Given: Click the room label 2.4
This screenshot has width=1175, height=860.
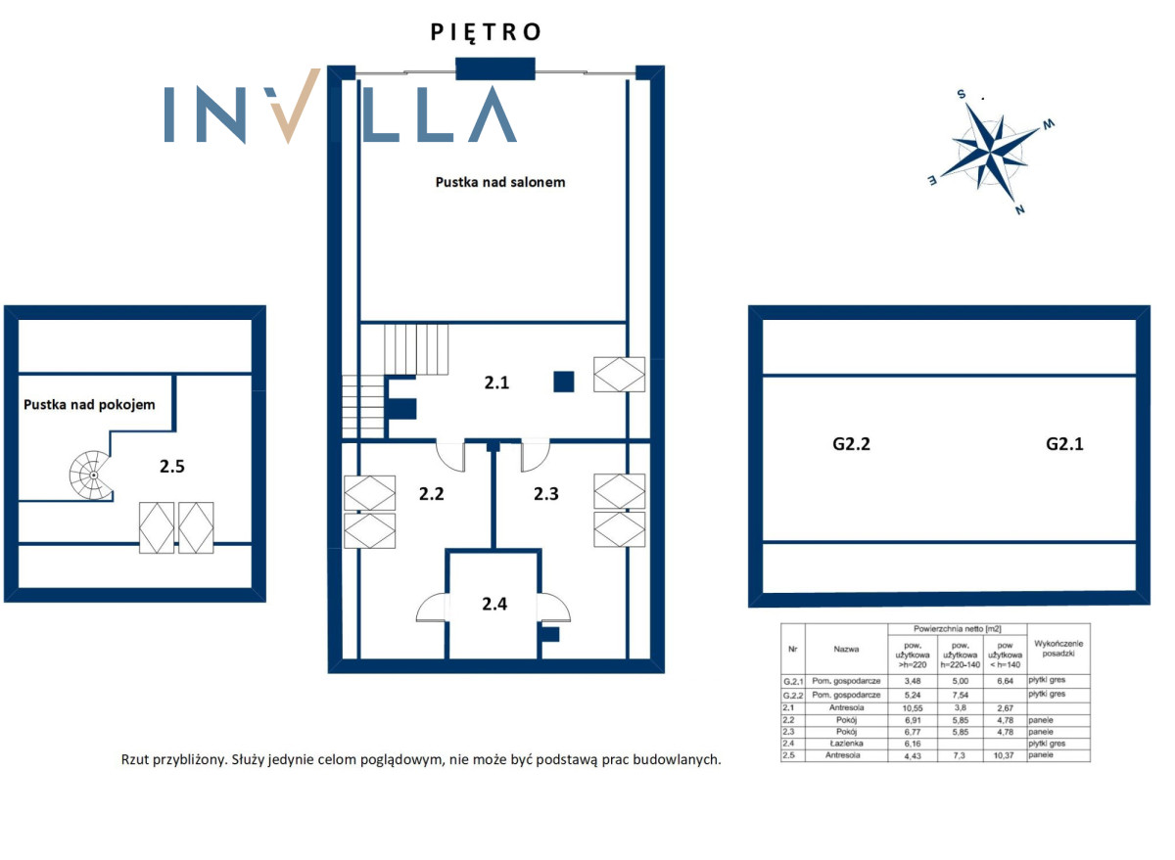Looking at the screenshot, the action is coord(494,604).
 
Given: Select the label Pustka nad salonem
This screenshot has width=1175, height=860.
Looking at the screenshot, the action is coord(500,182).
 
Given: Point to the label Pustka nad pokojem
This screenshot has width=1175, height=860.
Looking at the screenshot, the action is coord(89,405).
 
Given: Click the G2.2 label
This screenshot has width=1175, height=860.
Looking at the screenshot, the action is coord(851,444).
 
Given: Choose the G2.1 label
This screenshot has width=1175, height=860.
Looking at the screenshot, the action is coord(1064,444).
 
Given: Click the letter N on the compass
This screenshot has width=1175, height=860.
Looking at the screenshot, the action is coord(1019,209).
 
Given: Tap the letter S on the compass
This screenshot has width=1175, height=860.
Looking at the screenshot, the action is coord(962,94).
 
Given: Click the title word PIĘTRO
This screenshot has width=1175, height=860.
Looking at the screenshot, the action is coord(486,32).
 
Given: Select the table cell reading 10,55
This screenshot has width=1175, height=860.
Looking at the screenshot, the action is coord(913,708).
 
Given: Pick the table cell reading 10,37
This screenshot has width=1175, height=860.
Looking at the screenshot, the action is coord(1004,755).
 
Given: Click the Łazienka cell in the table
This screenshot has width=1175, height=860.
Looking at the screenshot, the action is coord(846,744).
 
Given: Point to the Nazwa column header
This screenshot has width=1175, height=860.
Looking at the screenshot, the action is coord(846,649).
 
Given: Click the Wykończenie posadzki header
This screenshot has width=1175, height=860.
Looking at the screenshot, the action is coord(1058,649).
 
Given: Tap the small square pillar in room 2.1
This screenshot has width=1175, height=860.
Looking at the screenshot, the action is coord(563,382).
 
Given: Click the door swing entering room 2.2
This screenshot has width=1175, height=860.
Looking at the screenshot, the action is coord(451,457).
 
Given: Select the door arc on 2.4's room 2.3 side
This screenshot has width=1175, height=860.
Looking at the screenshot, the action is coord(554,608).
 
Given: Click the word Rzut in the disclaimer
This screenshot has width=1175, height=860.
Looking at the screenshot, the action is coord(135,759).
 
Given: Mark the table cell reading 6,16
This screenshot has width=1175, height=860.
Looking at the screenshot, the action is coord(913,744).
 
